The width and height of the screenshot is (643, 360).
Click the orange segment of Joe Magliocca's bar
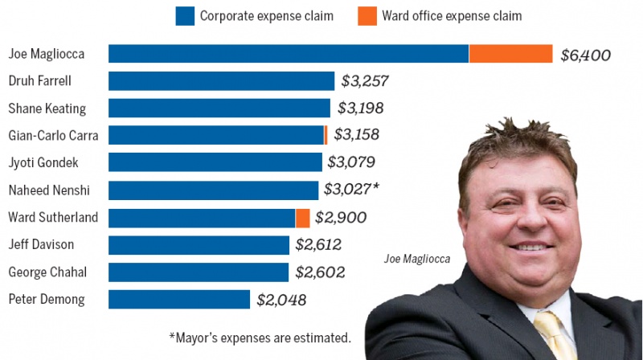coord(510,54)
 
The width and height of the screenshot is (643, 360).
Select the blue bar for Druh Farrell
coord(221,81)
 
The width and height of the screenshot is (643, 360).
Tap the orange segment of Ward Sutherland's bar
coord(302,218)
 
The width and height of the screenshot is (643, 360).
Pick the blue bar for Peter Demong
coord(179,300)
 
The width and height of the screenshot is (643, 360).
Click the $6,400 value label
coord(586,55)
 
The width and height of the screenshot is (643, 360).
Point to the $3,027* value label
coord(351,190)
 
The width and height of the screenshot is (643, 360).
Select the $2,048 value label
coord(281,300)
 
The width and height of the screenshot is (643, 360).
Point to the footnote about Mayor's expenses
coord(260,337)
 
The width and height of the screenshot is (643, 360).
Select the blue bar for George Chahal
coord(199,272)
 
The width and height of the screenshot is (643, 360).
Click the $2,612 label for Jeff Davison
coord(318,244)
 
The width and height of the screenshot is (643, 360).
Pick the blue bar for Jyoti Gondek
coord(215,163)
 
